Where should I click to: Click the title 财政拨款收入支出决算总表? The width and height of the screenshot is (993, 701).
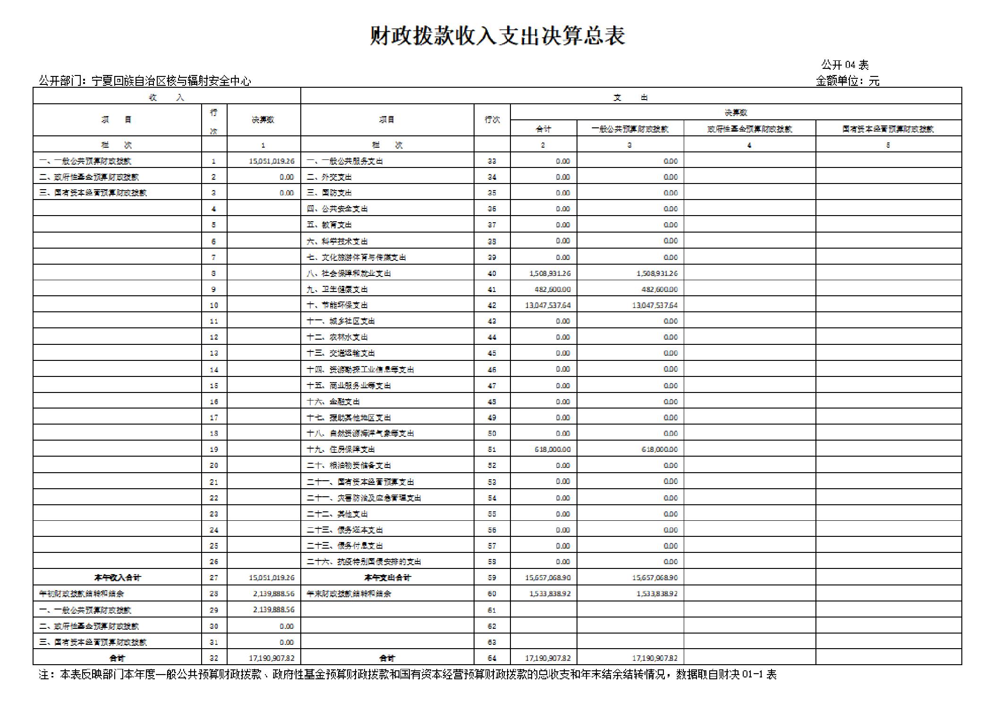pos(497,36)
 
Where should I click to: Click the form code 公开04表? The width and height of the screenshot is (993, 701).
pos(844,65)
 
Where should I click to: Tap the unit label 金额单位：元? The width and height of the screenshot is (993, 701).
pos(847,81)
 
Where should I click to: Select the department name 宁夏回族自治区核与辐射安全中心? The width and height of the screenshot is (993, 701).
pos(171,81)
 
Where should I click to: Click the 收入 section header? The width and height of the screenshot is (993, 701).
pos(166,98)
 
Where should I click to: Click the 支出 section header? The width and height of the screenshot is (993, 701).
pos(630,98)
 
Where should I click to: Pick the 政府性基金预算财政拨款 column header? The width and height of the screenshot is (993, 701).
pos(749,129)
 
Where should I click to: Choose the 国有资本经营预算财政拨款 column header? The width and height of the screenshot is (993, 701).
pos(888,129)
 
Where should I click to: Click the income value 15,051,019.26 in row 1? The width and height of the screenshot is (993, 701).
pos(272,161)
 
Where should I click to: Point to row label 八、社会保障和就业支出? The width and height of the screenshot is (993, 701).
pos(348,273)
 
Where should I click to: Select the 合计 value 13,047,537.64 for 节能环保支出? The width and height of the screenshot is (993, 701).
pos(548,305)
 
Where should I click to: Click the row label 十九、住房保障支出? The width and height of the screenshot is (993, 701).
pos(340,449)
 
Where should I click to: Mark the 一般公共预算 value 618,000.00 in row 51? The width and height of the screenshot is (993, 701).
pos(659,449)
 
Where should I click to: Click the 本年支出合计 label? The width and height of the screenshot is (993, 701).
pos(387,577)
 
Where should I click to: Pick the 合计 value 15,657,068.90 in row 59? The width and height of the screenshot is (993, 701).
pos(548,577)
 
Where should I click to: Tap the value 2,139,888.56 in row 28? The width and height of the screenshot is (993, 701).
pos(273,593)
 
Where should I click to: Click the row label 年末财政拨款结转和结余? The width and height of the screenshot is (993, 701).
pos(348,593)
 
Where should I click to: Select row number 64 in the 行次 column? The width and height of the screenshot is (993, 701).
pos(492,658)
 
